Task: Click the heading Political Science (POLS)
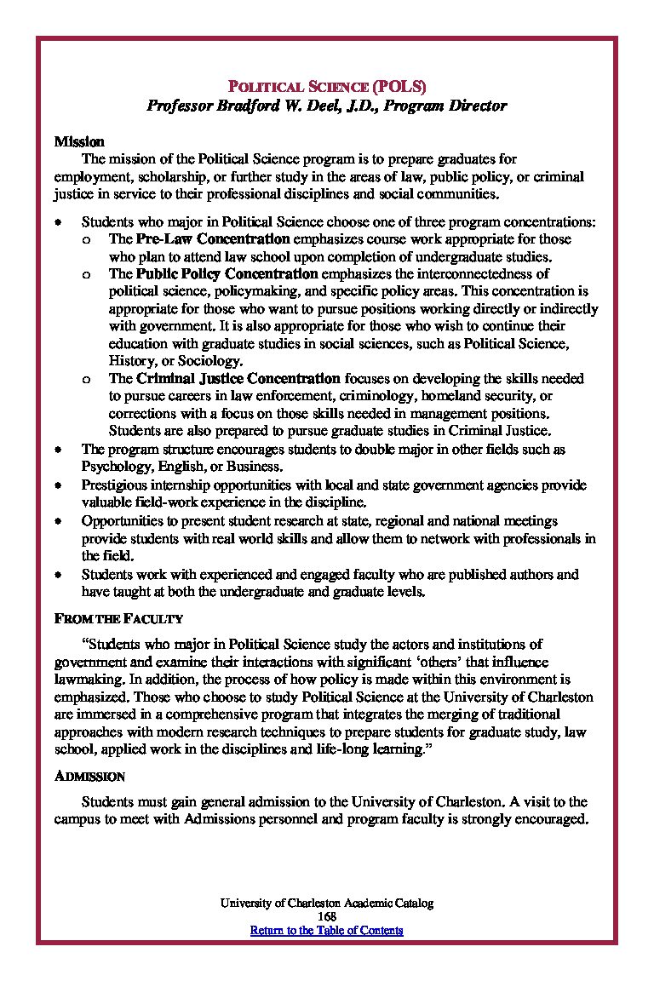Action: pos(326,87)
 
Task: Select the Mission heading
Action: pos(79,141)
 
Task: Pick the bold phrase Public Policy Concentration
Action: pos(227,274)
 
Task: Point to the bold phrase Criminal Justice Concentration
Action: pos(238,378)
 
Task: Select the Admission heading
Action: pos(90,777)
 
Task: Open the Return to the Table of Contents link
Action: pos(326,930)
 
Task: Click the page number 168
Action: pos(326,916)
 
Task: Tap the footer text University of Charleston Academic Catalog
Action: pos(326,904)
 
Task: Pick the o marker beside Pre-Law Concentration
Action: pos(87,240)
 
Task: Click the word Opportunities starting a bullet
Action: pos(120,520)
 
